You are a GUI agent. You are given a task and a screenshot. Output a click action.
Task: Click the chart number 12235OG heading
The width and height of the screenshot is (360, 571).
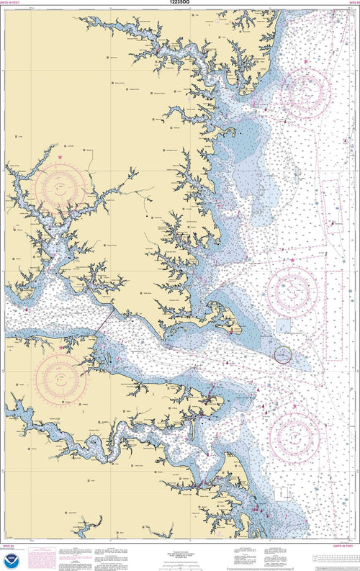tap(179, 4)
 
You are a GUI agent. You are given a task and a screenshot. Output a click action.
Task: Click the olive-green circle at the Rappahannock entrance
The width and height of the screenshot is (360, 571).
tap(284, 354)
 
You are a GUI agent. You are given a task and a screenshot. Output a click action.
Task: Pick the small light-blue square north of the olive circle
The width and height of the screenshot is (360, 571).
tap(284, 325)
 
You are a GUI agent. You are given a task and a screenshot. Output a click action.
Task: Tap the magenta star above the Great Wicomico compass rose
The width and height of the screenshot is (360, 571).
tap(306, 62)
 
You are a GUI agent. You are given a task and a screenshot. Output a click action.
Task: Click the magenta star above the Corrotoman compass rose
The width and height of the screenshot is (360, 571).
tap(60, 156)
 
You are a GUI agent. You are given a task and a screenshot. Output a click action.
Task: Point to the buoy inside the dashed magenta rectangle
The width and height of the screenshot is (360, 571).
tap(333, 224)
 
